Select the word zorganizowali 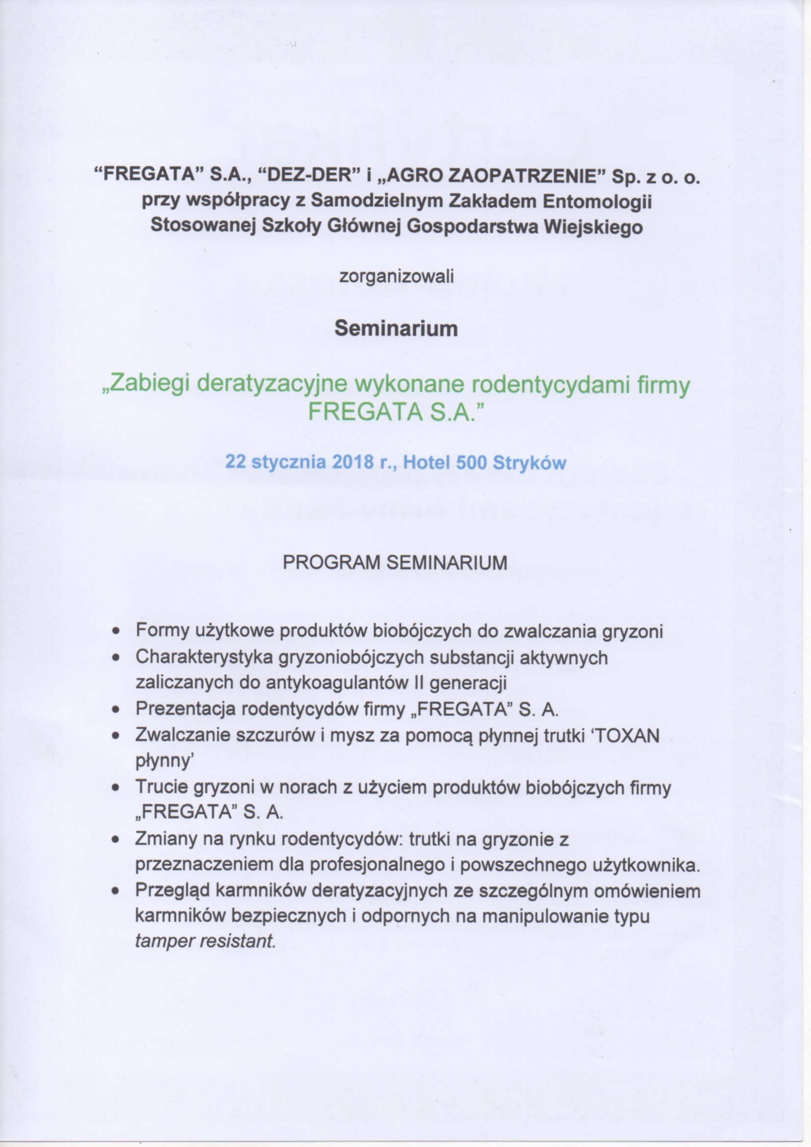coord(397,276)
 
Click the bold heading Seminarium coord(396,329)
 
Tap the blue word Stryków coord(530,462)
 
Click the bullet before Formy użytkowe coord(116,633)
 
